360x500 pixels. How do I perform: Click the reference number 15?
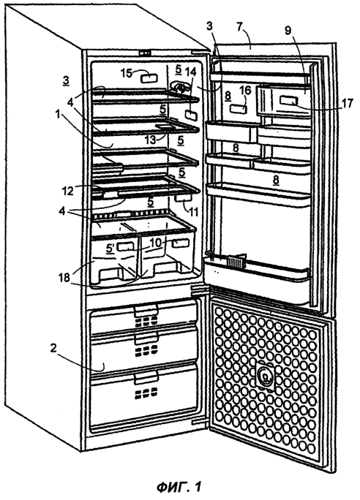[127, 73]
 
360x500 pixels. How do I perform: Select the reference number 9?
[288, 31]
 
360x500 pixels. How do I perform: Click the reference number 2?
[53, 349]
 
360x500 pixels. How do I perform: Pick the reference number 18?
[64, 278]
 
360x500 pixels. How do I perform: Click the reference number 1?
[58, 115]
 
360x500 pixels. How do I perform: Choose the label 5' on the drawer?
[110, 248]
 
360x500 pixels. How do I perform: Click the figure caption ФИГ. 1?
[179, 487]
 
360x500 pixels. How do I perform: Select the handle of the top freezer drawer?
[146, 309]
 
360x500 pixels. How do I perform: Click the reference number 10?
[156, 243]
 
